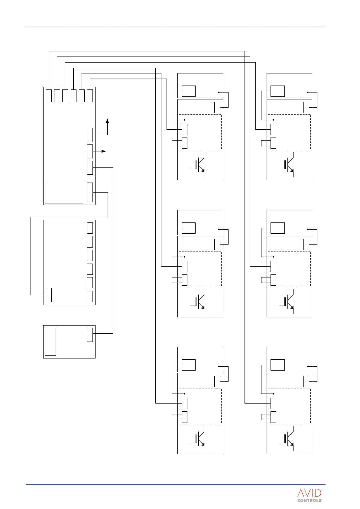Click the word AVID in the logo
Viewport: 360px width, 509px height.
[x=309, y=493]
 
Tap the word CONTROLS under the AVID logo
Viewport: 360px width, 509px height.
[x=310, y=501]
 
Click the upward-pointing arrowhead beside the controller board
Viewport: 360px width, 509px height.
[x=107, y=121]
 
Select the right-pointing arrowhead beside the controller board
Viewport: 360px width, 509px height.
[x=104, y=151]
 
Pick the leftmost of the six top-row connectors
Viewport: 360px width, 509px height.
[x=49, y=96]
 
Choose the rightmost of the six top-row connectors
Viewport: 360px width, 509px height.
[x=90, y=96]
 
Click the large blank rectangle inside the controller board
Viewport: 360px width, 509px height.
[x=64, y=192]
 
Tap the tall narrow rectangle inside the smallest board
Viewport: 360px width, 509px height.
[x=50, y=342]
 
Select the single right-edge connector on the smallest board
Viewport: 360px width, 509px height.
[x=90, y=335]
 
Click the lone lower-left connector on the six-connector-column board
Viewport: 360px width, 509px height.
[x=49, y=295]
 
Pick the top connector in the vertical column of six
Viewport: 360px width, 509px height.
[x=90, y=228]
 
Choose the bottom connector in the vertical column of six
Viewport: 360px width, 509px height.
[x=90, y=297]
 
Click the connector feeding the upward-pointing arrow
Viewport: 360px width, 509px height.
[x=90, y=135]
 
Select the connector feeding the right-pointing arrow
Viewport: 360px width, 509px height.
[x=90, y=151]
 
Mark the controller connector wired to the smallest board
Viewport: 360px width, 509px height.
[x=90, y=168]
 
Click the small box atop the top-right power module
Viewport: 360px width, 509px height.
[x=277, y=91]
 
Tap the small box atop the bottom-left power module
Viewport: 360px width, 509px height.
[x=188, y=365]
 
